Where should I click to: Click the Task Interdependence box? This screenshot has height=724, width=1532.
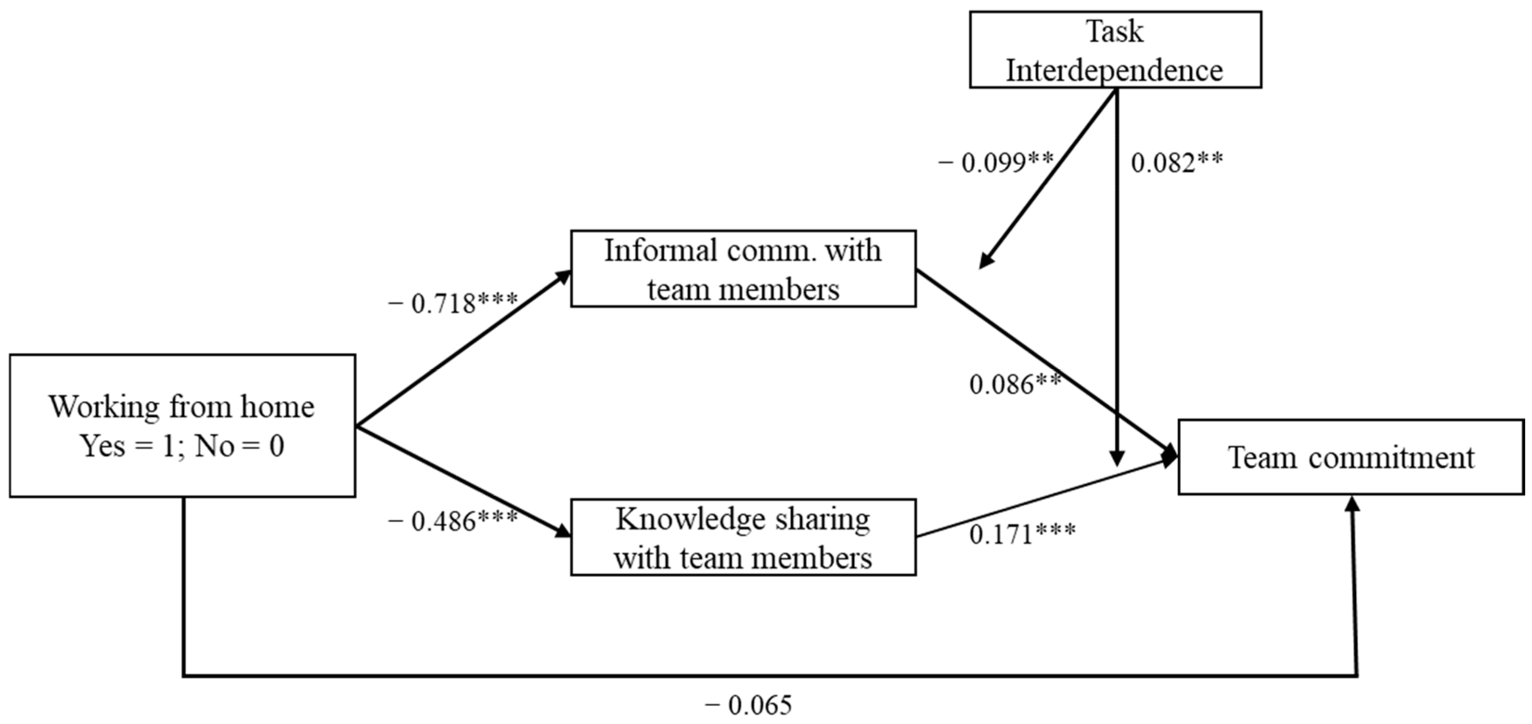[x=1115, y=50]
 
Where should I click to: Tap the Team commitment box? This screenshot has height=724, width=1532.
[x=1351, y=457]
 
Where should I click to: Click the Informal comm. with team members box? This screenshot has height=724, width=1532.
[x=743, y=269]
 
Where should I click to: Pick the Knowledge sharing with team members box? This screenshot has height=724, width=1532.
[x=743, y=537]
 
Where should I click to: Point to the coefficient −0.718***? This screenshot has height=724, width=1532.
[x=452, y=304]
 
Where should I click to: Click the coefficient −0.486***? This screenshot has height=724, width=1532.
[x=452, y=522]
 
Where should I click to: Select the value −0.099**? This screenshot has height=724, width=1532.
[x=996, y=162]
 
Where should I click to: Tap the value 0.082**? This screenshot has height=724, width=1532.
[x=1176, y=162]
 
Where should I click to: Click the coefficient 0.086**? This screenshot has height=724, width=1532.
[x=1015, y=384]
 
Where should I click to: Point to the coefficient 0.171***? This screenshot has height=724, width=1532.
[x=1022, y=534]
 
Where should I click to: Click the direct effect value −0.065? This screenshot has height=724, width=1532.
[x=748, y=705]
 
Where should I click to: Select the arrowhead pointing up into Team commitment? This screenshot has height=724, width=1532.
[x=1353, y=504]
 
